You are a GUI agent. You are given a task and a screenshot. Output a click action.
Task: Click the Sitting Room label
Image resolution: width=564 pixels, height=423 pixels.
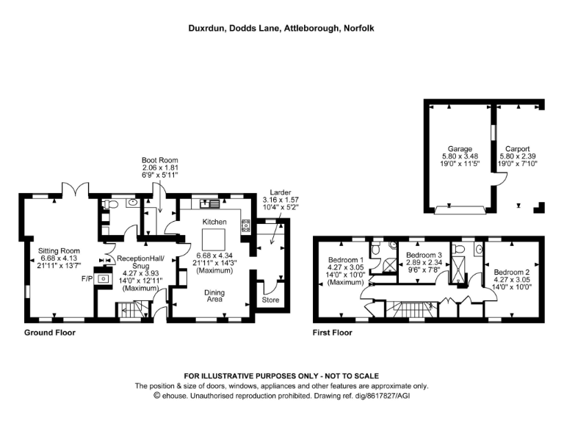click(x=59, y=250)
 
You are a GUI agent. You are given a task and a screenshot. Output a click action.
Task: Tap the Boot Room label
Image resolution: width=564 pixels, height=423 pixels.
click(x=160, y=159)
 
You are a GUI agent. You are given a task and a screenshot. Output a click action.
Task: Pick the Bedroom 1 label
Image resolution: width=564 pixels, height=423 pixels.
click(x=346, y=260)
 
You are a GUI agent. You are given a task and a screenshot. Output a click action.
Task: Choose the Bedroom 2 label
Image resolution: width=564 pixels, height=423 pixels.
click(x=511, y=272)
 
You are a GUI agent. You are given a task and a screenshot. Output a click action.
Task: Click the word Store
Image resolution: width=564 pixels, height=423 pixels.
click(x=271, y=300)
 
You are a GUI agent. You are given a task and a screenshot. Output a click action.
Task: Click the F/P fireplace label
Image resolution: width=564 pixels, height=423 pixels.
click(x=86, y=279)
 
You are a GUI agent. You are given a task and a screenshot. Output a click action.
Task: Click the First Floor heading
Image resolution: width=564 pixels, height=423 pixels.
click(x=333, y=333)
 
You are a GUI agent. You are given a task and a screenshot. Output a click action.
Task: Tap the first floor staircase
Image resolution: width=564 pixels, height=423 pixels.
click(x=403, y=308)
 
